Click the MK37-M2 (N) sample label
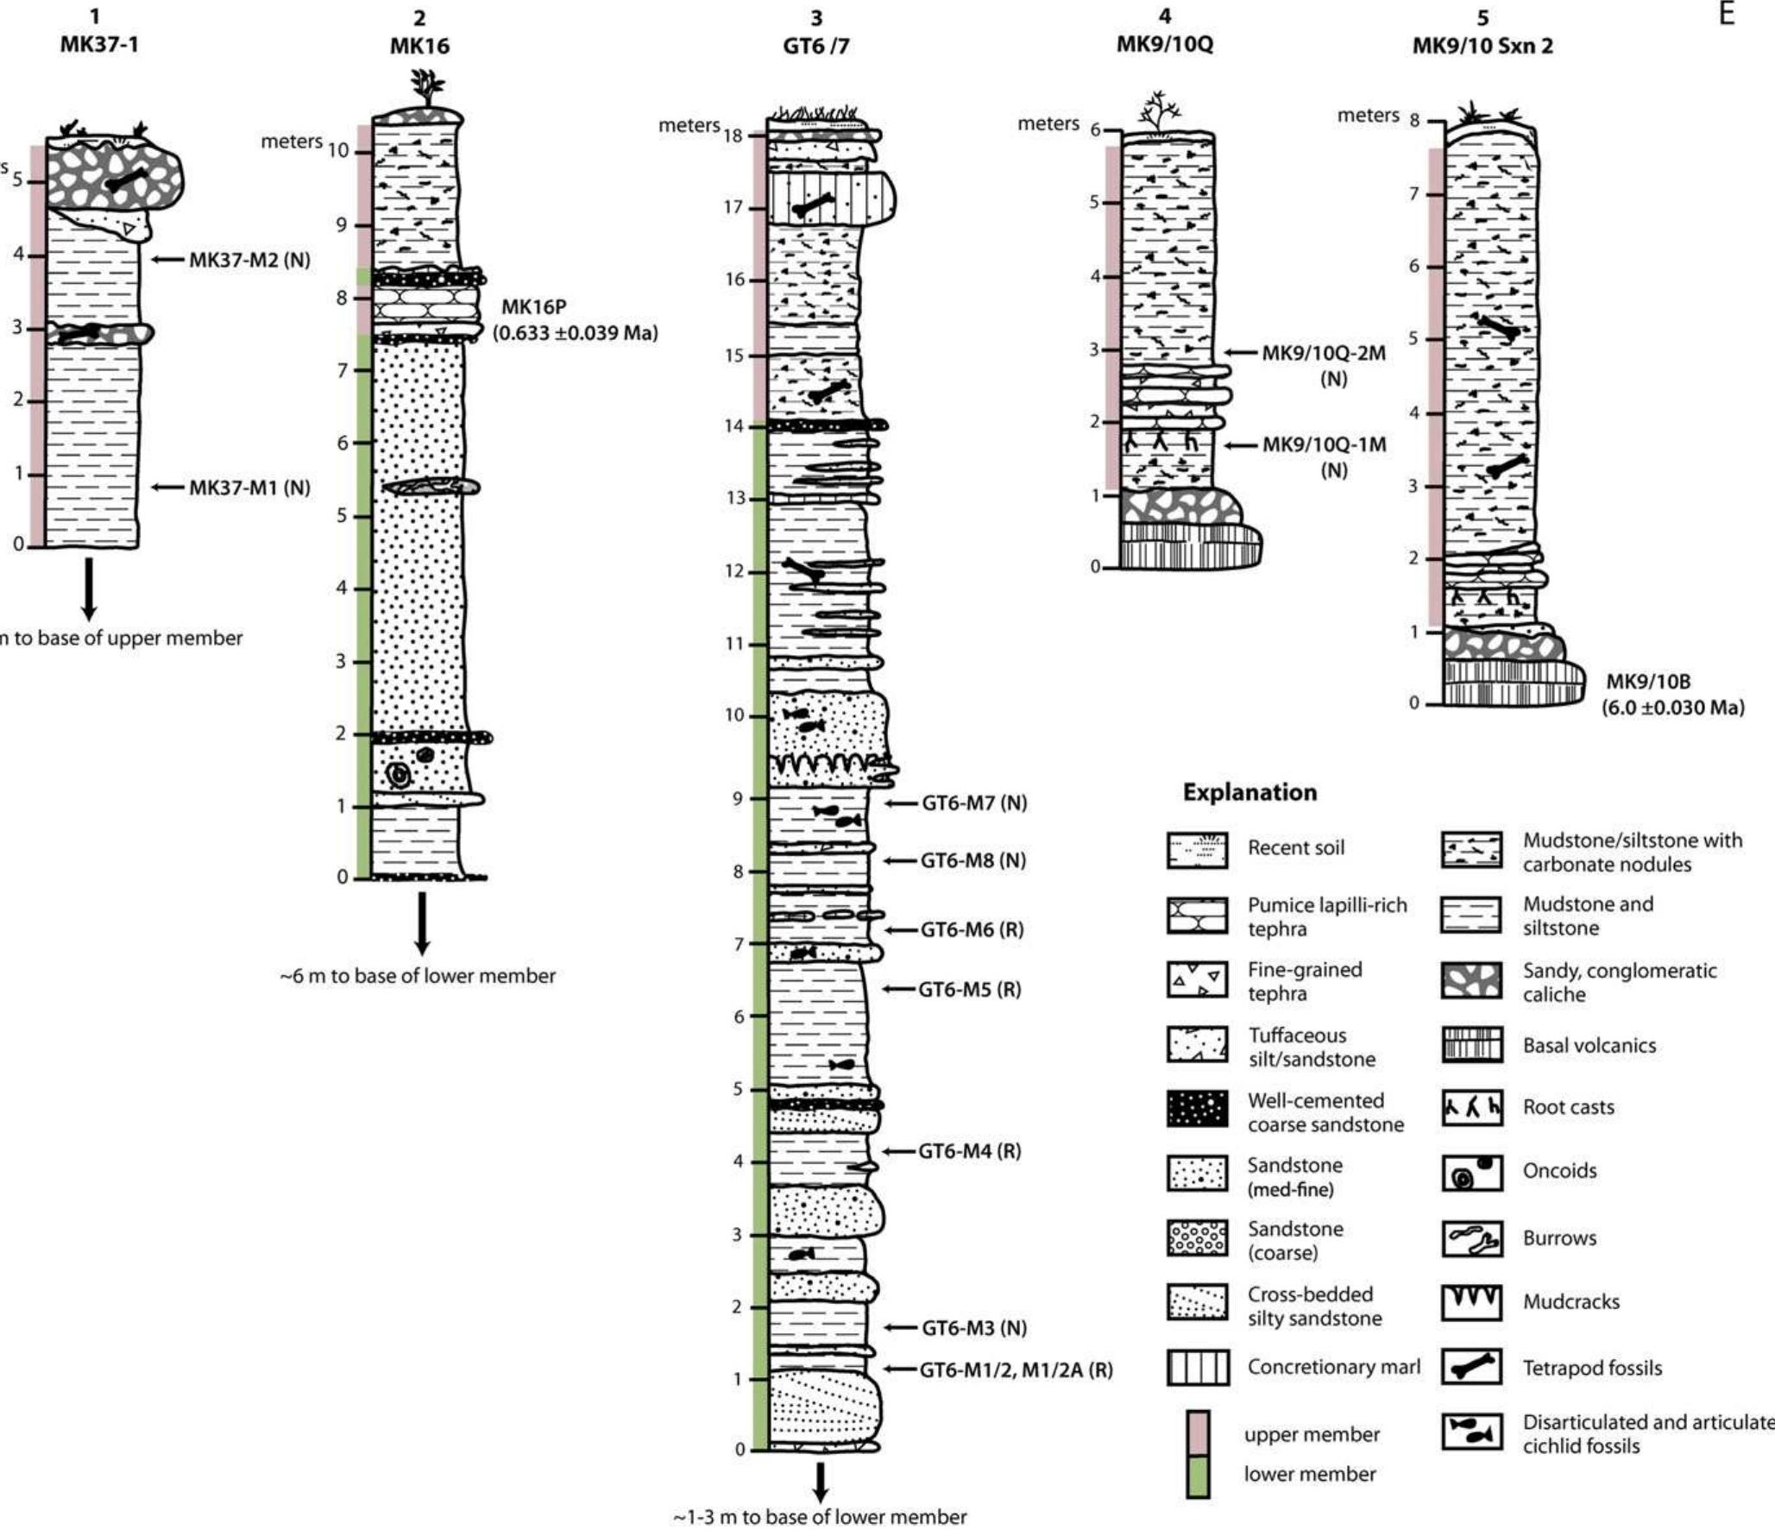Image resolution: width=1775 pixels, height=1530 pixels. (249, 260)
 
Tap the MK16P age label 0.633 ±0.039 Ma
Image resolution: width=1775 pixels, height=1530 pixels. (575, 333)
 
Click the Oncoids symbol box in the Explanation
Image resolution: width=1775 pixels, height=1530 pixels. (1472, 1173)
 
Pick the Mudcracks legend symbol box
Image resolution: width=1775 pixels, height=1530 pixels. (1472, 1302)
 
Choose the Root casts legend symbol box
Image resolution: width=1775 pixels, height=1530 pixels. (1472, 1108)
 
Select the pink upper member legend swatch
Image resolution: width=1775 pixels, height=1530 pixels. (1197, 1432)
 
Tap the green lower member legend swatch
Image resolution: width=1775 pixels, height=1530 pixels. (1197, 1476)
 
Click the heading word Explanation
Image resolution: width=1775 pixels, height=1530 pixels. (1249, 792)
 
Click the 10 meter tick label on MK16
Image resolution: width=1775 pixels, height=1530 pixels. (337, 151)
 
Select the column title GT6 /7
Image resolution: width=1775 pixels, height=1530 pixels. (815, 46)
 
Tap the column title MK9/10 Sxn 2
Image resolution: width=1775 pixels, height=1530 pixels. (1482, 47)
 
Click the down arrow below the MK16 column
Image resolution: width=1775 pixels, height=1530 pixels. (421, 923)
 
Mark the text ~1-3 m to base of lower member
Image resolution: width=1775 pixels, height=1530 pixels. (820, 1516)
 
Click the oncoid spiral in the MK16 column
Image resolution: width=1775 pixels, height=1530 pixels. (398, 775)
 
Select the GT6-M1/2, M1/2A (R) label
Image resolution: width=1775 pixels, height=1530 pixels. (1016, 1369)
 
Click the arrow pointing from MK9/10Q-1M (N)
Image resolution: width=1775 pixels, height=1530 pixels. (1242, 445)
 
